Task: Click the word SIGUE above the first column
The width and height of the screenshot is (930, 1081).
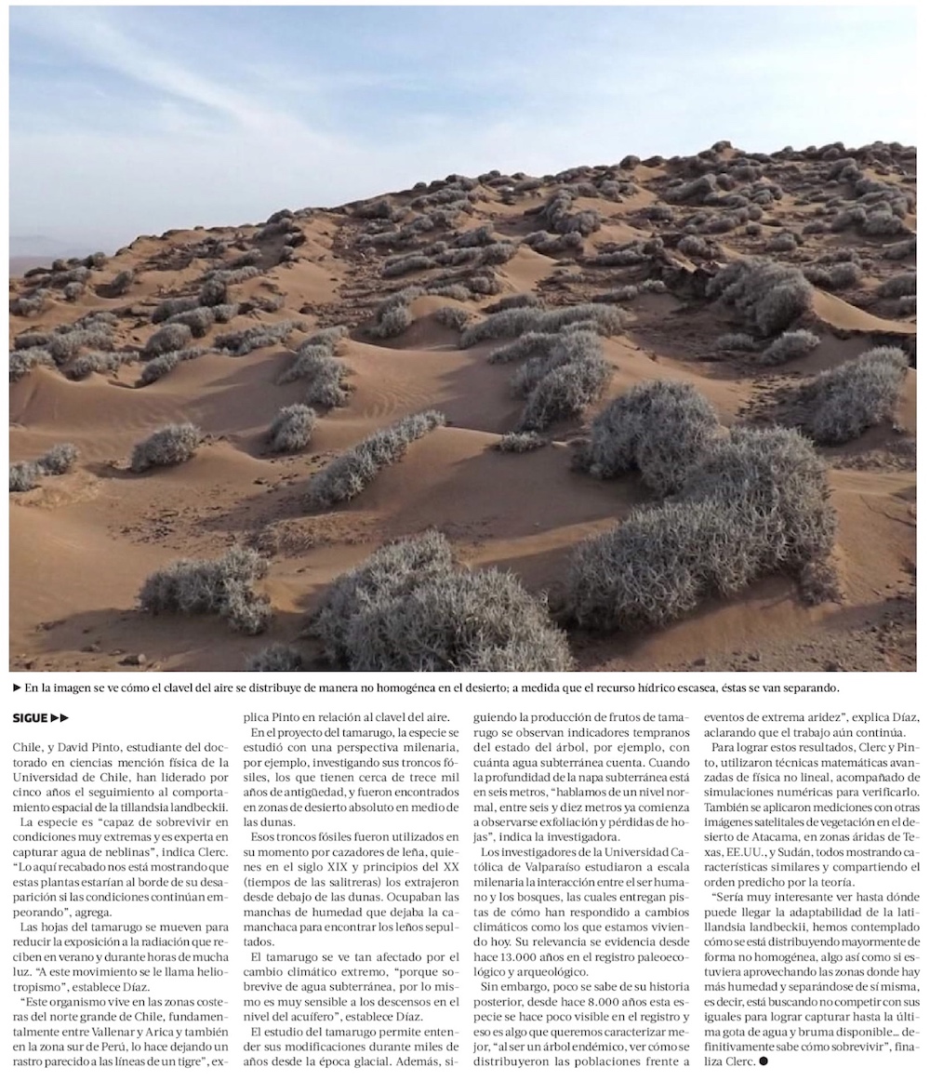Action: pos(30,717)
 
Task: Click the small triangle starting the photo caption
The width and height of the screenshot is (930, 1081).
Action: pos(17,688)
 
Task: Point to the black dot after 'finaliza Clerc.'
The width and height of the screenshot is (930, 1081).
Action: pos(764,1061)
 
